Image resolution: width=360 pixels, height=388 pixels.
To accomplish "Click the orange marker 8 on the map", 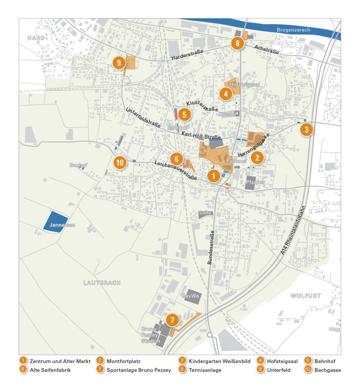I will tap(237, 44).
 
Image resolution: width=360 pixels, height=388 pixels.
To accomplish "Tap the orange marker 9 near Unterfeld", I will tap(119, 63).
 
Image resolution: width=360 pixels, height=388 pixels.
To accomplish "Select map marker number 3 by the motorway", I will tap(307, 130).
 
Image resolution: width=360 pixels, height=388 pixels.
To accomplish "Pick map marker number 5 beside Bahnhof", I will tap(184, 114).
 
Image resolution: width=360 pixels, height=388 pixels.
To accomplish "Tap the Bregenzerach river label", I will tap(293, 30).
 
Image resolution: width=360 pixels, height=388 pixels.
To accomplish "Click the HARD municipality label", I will tap(36, 38).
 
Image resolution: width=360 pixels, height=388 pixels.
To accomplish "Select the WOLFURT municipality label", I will tap(305, 296).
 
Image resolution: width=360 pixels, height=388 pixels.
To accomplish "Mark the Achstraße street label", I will tap(267, 49).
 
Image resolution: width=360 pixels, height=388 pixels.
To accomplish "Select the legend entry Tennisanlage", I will tap(205, 370).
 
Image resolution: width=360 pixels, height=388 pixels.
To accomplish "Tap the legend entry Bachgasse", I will tap(327, 370).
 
